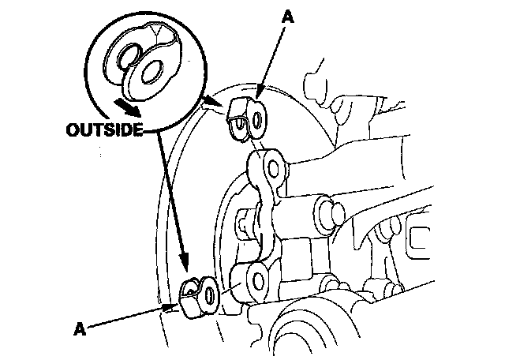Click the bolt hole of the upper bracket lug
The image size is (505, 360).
[271, 167]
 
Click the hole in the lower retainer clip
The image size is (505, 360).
[209, 295]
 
